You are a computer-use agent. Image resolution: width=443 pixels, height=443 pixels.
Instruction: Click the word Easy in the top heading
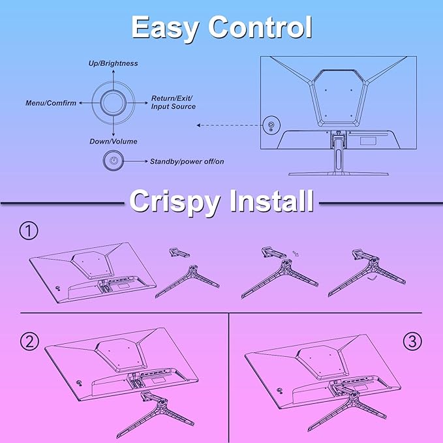(165, 27)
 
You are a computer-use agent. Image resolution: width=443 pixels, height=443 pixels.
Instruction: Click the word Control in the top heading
(260, 27)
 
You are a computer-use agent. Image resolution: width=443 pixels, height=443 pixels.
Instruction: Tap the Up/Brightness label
(114, 63)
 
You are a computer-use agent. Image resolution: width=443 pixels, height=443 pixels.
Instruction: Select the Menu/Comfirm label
(51, 103)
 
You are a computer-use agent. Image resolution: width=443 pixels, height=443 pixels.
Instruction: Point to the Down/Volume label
(114, 142)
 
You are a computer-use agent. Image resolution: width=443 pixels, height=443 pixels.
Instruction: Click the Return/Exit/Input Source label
(173, 102)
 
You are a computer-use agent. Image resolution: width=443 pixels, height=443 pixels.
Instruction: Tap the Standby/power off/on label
(187, 162)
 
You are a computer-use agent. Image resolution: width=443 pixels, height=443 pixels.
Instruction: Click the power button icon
(114, 161)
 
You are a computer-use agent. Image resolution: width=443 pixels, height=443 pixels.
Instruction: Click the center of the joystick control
(114, 103)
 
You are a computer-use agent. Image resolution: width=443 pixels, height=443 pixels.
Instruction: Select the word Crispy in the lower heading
(175, 201)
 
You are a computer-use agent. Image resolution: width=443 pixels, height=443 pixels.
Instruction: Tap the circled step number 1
(29, 230)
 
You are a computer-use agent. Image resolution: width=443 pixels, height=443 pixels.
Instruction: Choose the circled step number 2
(29, 341)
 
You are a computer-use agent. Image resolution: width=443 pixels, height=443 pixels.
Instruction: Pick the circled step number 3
(412, 341)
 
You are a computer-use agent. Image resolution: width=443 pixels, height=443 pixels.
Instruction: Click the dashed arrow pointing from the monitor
(228, 125)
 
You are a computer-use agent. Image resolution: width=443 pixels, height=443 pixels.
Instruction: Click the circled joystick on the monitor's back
(271, 125)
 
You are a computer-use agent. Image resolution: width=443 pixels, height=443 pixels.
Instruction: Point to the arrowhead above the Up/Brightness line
(114, 71)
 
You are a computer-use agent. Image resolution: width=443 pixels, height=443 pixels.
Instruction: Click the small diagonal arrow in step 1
(296, 253)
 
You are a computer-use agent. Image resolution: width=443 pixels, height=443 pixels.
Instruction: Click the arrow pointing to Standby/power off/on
(136, 161)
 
